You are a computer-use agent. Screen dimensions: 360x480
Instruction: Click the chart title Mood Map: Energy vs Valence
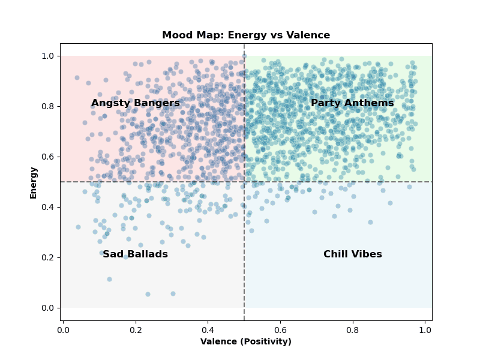click(x=246, y=35)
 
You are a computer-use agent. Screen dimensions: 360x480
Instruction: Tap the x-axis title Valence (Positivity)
click(x=246, y=341)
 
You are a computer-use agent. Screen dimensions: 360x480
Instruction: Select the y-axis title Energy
click(x=34, y=182)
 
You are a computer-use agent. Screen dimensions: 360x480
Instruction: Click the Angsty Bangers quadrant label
click(x=136, y=103)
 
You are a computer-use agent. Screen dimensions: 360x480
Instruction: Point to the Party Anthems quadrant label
click(x=352, y=103)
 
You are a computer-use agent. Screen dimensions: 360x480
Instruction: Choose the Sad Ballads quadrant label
click(x=135, y=254)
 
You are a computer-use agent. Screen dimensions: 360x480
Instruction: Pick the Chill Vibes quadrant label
click(x=353, y=254)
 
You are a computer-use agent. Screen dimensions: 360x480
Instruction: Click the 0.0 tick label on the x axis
click(x=64, y=329)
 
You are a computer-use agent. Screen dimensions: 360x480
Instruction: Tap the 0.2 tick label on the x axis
click(x=136, y=329)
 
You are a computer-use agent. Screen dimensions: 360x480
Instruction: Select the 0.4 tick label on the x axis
click(x=208, y=329)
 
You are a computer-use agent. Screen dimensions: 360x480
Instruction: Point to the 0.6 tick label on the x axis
click(x=280, y=329)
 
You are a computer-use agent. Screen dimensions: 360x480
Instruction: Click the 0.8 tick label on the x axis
click(x=353, y=329)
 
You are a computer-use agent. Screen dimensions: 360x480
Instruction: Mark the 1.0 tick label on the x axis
click(x=425, y=329)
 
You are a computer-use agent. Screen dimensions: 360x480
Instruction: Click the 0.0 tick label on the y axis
click(x=48, y=308)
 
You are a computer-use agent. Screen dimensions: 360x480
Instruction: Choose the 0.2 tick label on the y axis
click(x=48, y=257)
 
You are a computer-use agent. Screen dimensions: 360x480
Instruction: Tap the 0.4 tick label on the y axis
click(x=48, y=207)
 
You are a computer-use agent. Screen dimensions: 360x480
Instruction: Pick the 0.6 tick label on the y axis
click(x=48, y=157)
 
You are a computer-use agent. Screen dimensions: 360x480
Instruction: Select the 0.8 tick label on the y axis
click(x=48, y=106)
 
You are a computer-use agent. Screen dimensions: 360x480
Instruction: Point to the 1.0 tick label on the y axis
click(x=48, y=56)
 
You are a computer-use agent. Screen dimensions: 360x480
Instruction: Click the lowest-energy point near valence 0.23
click(x=148, y=294)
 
